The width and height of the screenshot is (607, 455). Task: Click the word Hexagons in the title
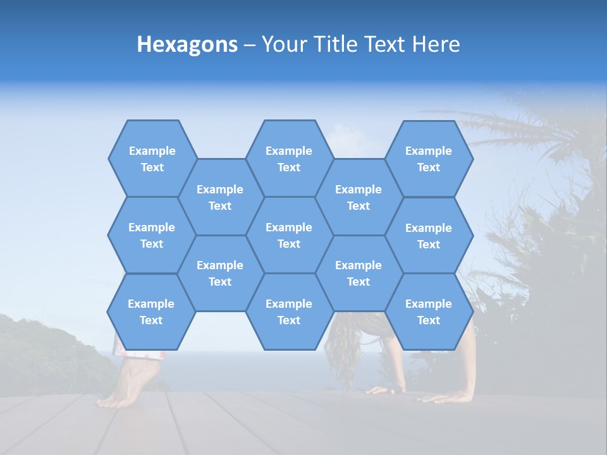(187, 44)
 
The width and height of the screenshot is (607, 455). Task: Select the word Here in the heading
(436, 44)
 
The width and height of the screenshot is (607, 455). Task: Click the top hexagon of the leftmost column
(152, 159)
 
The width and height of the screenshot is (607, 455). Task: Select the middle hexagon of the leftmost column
(152, 235)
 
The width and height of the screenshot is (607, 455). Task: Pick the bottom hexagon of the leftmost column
(151, 312)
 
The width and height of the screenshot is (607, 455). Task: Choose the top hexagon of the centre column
(289, 159)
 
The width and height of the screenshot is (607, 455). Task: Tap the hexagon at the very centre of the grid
(289, 235)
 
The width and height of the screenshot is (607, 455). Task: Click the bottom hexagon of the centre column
(289, 312)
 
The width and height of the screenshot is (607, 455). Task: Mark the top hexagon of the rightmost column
(429, 159)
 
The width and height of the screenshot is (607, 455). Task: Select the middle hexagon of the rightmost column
(429, 236)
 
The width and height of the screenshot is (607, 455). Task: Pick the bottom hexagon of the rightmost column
(429, 312)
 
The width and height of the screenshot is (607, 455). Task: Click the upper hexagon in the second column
(220, 197)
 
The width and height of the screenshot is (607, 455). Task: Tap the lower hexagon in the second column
(220, 273)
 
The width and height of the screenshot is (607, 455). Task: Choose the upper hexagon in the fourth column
(359, 197)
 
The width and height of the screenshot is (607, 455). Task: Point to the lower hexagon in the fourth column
(359, 273)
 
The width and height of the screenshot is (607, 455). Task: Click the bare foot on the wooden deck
(126, 385)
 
